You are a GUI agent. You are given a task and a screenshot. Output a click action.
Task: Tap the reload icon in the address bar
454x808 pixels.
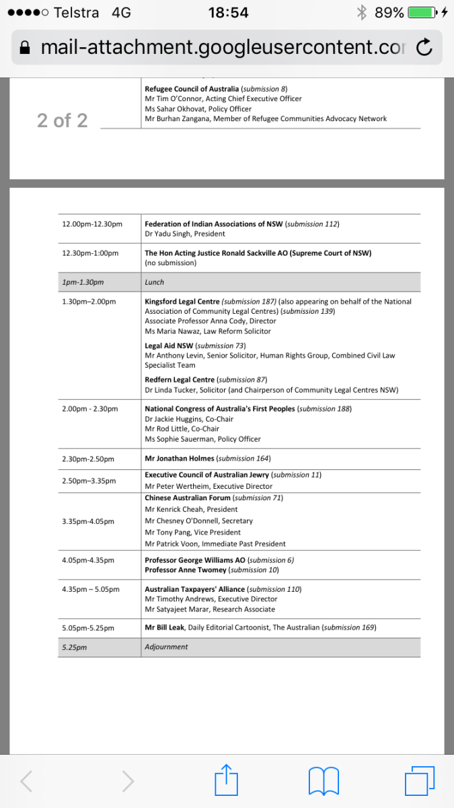coord(424,47)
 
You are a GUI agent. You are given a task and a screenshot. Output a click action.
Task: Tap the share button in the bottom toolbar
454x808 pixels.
coord(227,782)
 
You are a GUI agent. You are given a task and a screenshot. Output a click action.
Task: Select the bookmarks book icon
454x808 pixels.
coord(323,782)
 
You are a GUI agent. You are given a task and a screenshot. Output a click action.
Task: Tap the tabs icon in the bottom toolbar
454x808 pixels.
coord(420,782)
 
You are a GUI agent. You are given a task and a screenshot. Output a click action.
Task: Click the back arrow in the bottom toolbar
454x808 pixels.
coord(26,782)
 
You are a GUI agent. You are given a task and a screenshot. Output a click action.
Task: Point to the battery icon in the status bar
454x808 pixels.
coord(422,12)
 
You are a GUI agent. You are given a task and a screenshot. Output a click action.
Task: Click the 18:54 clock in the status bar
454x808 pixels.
coord(228,12)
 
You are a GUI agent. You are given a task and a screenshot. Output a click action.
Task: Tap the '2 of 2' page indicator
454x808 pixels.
coord(62,121)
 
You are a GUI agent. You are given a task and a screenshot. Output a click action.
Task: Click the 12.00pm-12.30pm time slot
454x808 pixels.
coord(92,224)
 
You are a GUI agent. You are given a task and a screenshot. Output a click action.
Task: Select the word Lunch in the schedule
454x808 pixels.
coord(154,282)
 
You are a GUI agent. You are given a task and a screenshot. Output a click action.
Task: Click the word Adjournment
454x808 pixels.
coord(166,647)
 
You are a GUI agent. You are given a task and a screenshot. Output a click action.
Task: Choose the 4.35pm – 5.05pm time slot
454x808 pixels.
coord(91,589)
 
